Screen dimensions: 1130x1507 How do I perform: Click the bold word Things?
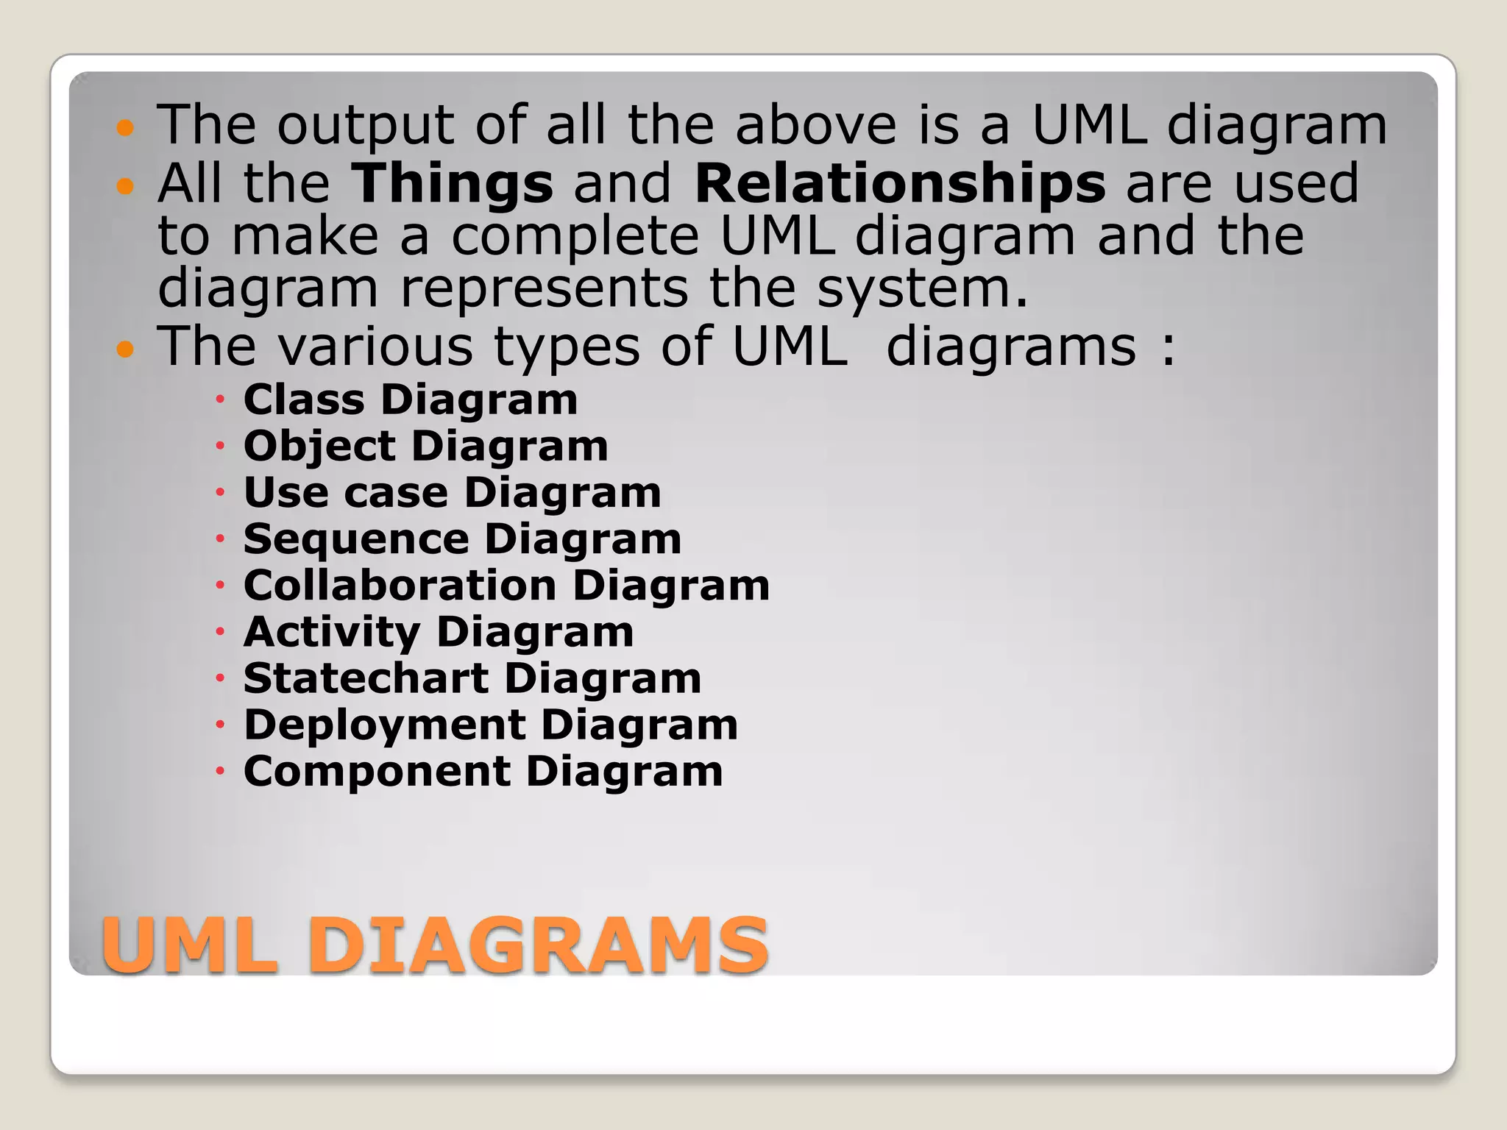click(452, 184)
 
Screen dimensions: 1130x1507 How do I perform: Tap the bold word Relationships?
click(900, 184)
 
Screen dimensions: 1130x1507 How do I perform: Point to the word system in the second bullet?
click(922, 288)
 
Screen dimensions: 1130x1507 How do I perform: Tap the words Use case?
click(346, 492)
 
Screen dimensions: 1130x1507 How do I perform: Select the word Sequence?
click(356, 539)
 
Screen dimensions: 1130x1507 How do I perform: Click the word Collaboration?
click(400, 586)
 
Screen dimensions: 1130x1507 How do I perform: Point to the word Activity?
click(332, 632)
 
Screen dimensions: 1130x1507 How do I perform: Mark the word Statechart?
click(366, 678)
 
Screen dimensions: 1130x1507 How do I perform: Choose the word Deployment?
click(385, 725)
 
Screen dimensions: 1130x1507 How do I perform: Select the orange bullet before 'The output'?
click(126, 128)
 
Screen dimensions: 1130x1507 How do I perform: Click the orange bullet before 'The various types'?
click(126, 349)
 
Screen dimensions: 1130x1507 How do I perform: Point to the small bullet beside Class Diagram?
click(219, 400)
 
